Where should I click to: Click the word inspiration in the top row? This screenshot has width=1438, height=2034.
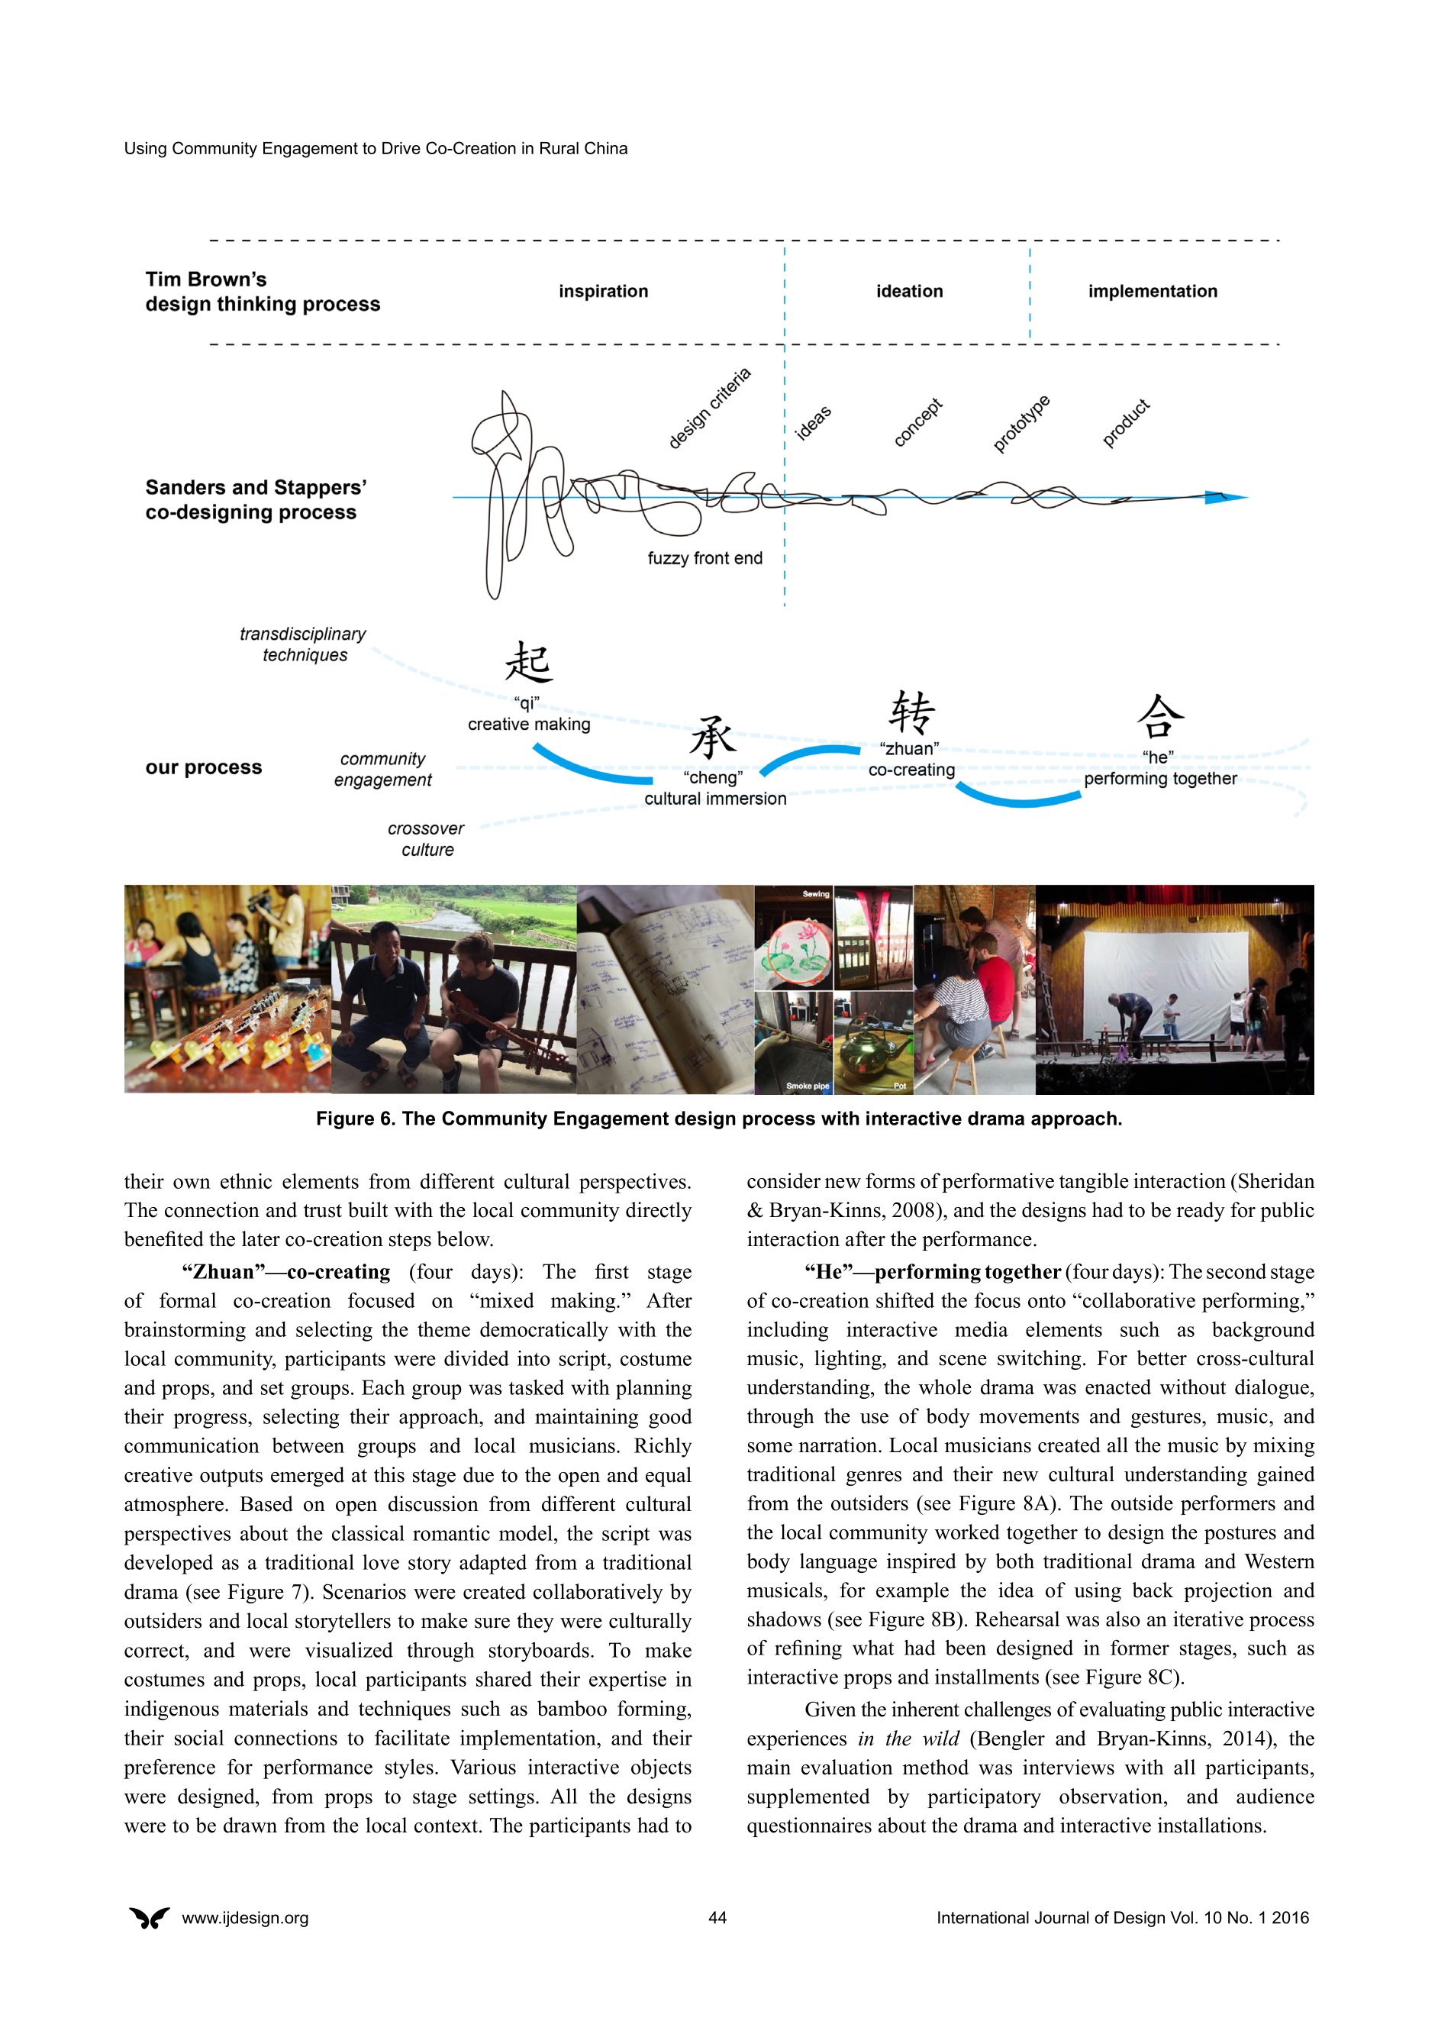coord(603,292)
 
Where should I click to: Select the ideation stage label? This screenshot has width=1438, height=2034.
coord(909,292)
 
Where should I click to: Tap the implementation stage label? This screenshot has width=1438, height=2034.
coord(1152,292)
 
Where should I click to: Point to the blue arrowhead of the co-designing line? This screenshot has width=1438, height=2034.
coord(1226,497)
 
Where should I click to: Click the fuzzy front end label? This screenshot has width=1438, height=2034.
coord(704,558)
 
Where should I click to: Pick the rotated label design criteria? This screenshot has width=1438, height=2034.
coord(708,408)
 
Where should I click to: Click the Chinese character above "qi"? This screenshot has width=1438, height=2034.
coord(529,663)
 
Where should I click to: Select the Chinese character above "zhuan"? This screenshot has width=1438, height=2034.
coord(911,712)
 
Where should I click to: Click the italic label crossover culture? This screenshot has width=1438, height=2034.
coord(426,839)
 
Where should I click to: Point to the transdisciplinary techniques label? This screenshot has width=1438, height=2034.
coord(303,644)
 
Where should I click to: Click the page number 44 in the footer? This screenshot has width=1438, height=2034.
coord(717,1918)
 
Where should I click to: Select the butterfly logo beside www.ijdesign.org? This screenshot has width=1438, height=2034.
coord(150,1918)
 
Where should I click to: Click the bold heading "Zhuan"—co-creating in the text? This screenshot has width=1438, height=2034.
coord(286,1272)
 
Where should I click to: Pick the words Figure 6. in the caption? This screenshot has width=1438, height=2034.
coord(356,1119)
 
